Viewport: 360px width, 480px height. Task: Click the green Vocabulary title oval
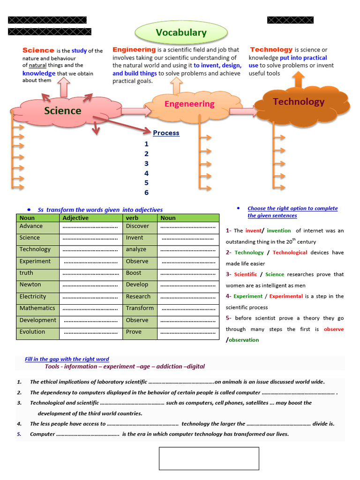(x=181, y=33)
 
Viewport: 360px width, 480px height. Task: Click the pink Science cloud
(x=63, y=111)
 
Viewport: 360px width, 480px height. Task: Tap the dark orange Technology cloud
(x=299, y=102)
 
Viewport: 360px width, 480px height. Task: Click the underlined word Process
(x=166, y=133)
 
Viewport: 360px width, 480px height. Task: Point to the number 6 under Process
(x=146, y=193)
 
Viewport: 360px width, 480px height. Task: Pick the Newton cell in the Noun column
(x=30, y=285)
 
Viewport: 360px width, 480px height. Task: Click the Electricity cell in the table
(x=33, y=296)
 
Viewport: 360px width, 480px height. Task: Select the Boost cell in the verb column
(x=134, y=273)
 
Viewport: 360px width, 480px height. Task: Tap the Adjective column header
(x=75, y=218)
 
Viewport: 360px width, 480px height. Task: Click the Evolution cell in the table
(x=32, y=332)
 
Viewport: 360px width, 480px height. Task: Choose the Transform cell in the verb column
(x=140, y=308)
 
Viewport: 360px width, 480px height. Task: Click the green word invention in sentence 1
(x=279, y=231)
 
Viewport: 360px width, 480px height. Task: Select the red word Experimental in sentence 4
(x=286, y=296)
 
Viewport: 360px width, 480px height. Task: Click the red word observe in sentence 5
(x=333, y=329)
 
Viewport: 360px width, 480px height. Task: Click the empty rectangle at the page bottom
(x=209, y=458)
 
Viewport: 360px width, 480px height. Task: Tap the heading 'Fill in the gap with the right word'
(x=67, y=359)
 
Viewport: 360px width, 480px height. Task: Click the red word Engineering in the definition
(x=134, y=49)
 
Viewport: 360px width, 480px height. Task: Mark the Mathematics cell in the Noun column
(x=37, y=308)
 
